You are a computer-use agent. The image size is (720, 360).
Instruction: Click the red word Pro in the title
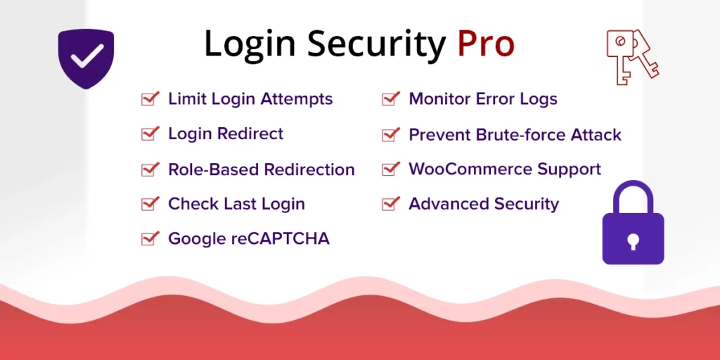[486, 44]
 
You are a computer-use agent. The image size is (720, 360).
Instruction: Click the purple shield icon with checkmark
[86, 58]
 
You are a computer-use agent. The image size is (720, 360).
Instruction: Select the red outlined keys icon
[631, 56]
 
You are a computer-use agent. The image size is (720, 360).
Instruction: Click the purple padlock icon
[633, 224]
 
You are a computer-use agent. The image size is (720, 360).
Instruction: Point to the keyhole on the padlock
[633, 241]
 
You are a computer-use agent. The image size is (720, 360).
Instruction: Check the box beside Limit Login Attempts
[150, 99]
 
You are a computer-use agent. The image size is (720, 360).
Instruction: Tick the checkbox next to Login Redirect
[150, 134]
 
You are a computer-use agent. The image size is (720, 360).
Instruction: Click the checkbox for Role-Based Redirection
[150, 169]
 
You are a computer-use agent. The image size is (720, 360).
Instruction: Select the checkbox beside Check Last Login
[150, 204]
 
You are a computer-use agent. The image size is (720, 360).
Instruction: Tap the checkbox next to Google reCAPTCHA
[150, 239]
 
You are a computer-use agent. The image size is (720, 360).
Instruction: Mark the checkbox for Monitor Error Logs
[390, 99]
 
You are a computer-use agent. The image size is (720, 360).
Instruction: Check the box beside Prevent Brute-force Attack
[390, 134]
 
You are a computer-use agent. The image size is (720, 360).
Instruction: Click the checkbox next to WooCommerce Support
[390, 169]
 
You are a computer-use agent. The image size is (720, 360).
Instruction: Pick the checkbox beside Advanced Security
[390, 204]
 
